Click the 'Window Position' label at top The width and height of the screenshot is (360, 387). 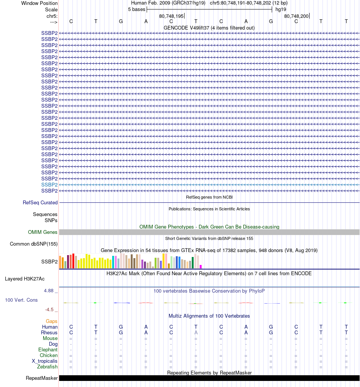pos(39,3)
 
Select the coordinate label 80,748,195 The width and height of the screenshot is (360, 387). pos(171,16)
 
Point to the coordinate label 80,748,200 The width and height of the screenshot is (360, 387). pos(296,16)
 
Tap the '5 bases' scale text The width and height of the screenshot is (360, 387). pos(136,9)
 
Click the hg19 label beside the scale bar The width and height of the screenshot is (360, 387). pos(281,9)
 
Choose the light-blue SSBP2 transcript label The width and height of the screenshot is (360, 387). pos(49,185)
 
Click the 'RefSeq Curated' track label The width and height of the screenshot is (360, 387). pos(40,203)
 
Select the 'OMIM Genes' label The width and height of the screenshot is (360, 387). pos(43,232)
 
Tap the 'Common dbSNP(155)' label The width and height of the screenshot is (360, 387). pos(34,244)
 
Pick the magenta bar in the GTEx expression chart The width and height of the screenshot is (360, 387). pos(201,266)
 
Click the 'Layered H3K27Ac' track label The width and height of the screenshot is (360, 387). pos(25,279)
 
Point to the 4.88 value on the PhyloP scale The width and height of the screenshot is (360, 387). pos(51,291)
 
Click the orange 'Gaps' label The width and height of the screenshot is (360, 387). pos(52,321)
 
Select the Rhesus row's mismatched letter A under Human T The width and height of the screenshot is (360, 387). pos(196,333)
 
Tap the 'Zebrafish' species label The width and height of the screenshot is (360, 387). pos(47,367)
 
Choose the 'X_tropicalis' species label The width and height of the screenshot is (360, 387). pos(45,361)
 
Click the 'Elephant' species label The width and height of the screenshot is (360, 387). pos(48,350)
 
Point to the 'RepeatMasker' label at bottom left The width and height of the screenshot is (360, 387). pos(42,378)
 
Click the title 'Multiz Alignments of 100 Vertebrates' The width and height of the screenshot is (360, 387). pos(209,316)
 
